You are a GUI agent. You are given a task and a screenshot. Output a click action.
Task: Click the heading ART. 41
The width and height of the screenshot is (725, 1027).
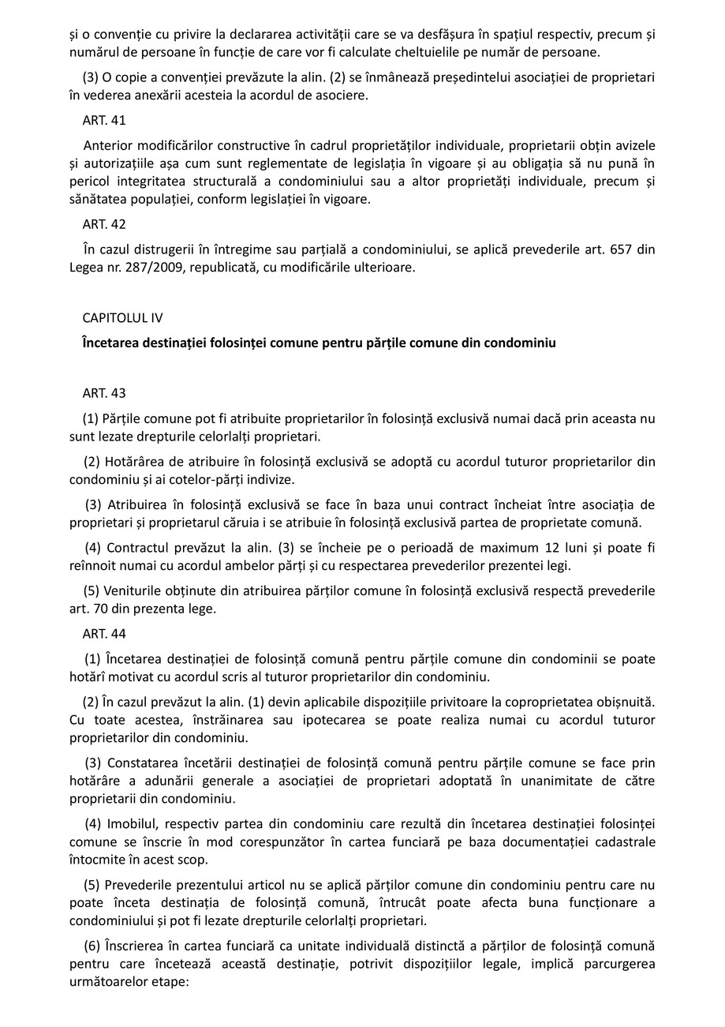[104, 121]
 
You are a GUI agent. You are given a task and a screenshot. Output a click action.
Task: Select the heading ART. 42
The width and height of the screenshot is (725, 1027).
[104, 224]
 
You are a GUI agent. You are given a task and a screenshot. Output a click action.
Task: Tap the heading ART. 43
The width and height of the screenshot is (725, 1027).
[104, 392]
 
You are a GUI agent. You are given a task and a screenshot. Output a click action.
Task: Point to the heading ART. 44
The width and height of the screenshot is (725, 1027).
[104, 633]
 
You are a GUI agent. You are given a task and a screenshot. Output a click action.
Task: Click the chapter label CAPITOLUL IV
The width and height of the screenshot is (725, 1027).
[122, 317]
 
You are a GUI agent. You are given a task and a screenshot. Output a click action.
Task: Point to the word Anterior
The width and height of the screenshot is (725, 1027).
[108, 146]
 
